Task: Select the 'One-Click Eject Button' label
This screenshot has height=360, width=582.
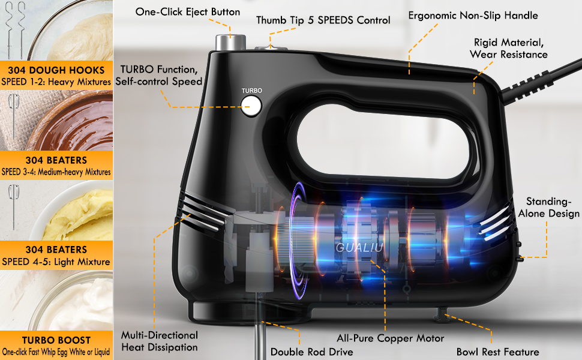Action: tap(187, 12)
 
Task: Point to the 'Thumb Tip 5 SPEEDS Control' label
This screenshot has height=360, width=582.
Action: tap(323, 20)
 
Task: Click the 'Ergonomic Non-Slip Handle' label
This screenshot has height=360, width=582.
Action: tap(473, 16)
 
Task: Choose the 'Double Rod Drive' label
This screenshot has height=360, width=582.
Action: tap(311, 352)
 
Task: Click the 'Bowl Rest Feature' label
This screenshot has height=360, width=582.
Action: tap(497, 352)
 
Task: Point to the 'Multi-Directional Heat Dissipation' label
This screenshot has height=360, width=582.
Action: tap(159, 341)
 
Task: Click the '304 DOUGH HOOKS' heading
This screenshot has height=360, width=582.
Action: tap(56, 70)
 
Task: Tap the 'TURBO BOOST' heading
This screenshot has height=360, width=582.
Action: tap(56, 339)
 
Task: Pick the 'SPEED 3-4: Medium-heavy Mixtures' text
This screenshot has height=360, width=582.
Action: tap(56, 172)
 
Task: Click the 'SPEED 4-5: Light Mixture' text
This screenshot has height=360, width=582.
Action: tap(56, 262)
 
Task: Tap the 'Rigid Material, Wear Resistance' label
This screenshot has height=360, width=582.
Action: tap(510, 49)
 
